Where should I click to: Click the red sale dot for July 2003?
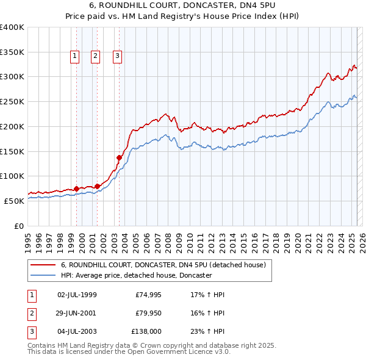[x=120, y=157]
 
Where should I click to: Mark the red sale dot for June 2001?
[x=98, y=186]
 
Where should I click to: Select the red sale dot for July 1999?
[x=76, y=189]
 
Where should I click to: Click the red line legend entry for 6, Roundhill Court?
[x=163, y=265]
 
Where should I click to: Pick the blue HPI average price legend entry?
[x=135, y=275]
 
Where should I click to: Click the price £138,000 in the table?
[x=146, y=331]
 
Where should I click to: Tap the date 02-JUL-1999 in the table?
[x=77, y=295]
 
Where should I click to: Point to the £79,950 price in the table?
[x=149, y=313]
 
